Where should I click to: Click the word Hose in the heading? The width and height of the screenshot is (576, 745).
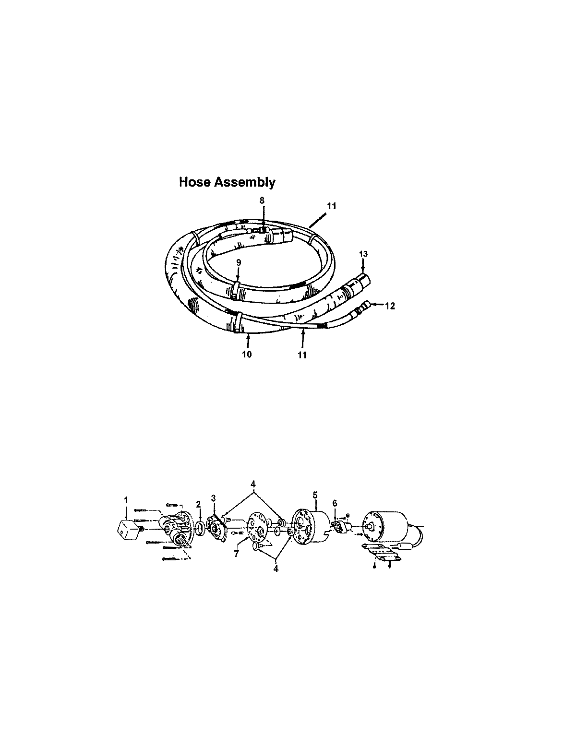click(194, 182)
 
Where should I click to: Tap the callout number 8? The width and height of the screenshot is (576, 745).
click(262, 199)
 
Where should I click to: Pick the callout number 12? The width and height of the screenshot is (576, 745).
click(390, 305)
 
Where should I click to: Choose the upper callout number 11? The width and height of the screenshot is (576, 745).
click(332, 206)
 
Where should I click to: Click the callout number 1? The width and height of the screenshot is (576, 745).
click(126, 500)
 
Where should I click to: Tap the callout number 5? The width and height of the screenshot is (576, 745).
click(315, 493)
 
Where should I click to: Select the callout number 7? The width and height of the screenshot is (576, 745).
click(236, 554)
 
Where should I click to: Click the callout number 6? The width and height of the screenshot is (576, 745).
click(335, 503)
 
